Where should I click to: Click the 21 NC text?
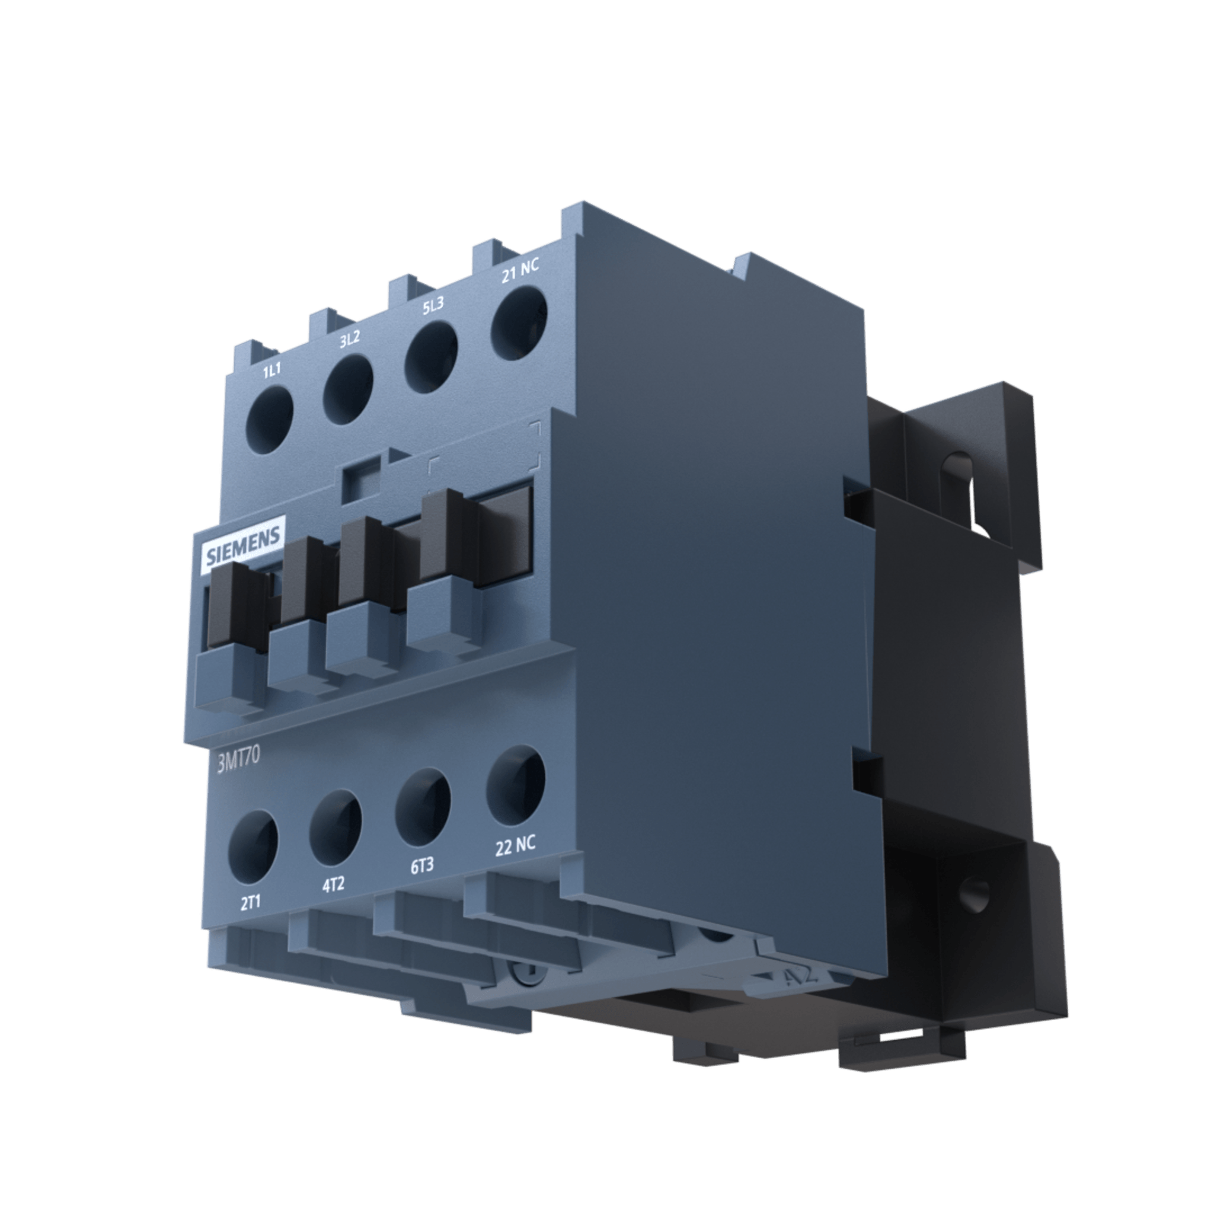520,271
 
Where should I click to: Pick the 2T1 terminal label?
250,903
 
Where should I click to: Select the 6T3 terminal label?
422,867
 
